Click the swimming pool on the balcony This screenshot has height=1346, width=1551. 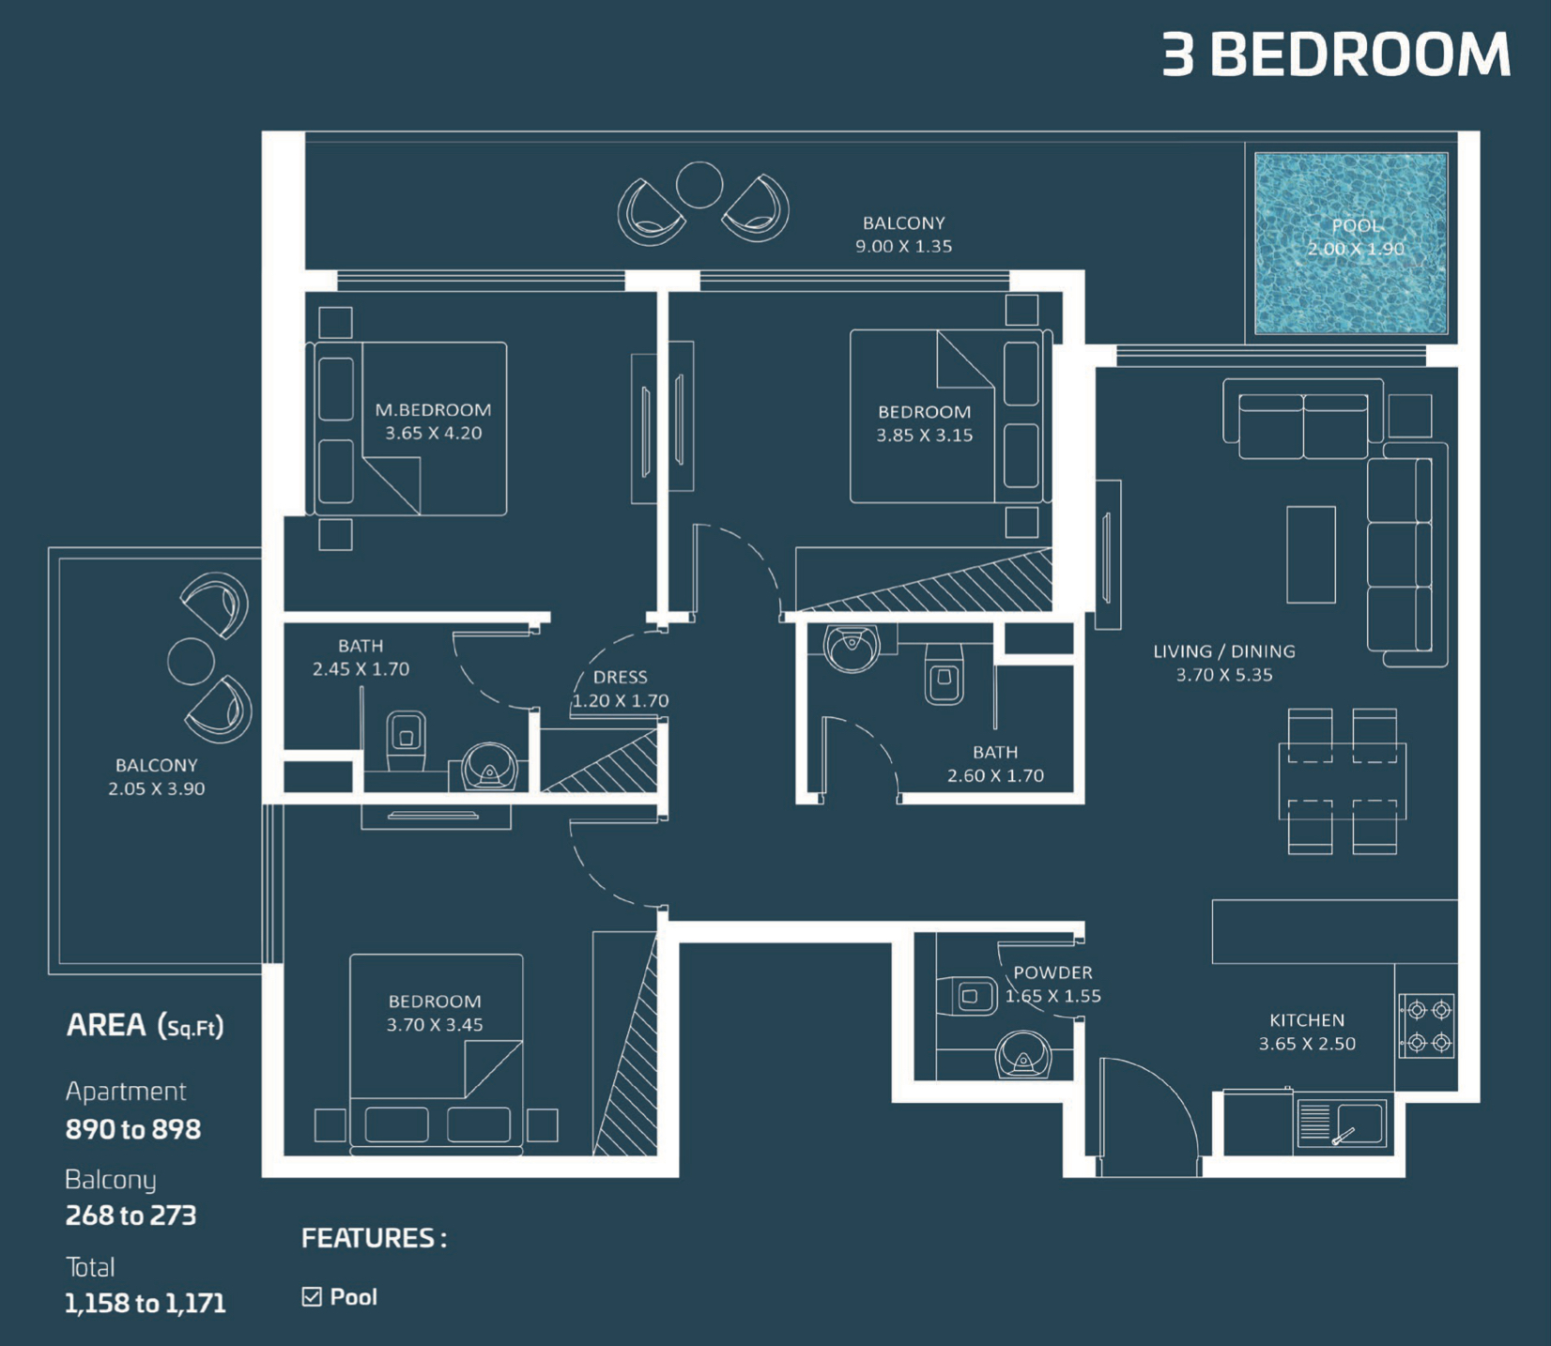click(1351, 244)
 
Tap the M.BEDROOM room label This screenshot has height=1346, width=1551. click(433, 410)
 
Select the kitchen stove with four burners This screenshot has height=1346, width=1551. click(1427, 1026)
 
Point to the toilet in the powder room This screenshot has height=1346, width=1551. click(967, 996)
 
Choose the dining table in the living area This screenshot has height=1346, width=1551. click(1343, 781)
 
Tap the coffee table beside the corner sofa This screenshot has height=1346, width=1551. click(1311, 555)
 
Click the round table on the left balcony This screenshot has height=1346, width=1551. click(191, 661)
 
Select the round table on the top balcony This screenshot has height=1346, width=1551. click(699, 185)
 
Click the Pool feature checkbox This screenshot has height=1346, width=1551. click(312, 1296)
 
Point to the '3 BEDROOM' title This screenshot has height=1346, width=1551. click(1336, 54)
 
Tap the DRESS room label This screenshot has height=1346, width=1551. click(621, 677)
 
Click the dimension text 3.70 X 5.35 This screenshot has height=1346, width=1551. click(1224, 675)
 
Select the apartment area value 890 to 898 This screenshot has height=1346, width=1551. click(133, 1129)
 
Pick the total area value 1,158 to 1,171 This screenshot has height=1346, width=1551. click(146, 1303)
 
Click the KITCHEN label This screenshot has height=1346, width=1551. click(1307, 1020)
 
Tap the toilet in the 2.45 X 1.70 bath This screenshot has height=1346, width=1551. click(407, 740)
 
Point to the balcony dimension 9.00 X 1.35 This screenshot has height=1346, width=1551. click(903, 246)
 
